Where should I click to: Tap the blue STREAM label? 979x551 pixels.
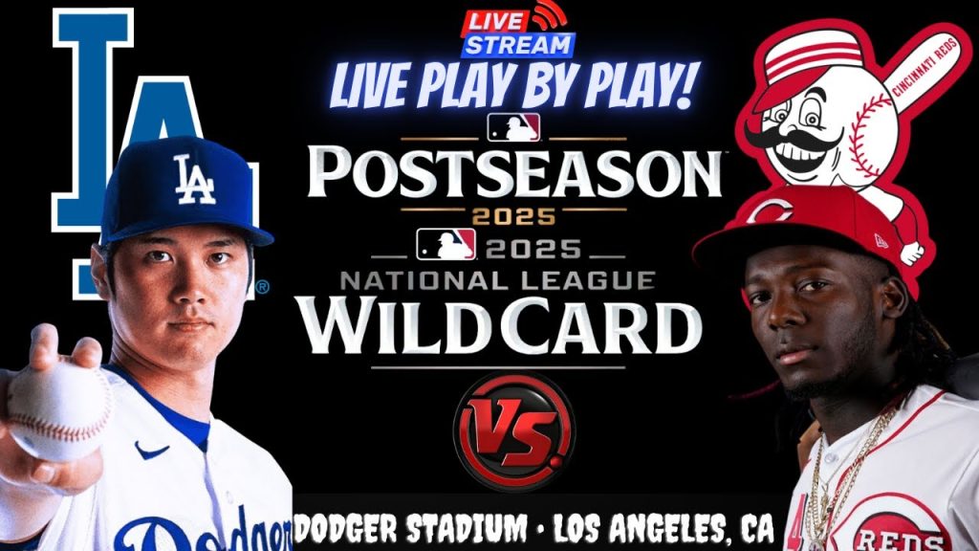(x=518, y=44)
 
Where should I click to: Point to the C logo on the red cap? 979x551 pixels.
(x=764, y=211)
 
